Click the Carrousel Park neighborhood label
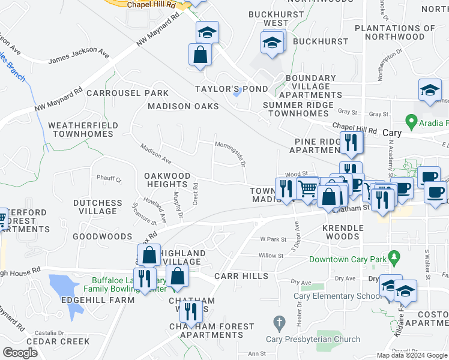pos(127,93)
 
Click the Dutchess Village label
pos(98,207)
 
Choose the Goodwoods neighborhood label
pos(102,236)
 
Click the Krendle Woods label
pos(343,232)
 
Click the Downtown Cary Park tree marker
pos(394,259)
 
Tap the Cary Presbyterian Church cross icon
pos(279,323)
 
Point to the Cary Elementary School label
pos(334,295)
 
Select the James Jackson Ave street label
pos(79,57)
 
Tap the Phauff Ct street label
pos(109,179)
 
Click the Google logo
pos(20,353)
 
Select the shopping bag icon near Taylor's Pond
pos(200,55)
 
